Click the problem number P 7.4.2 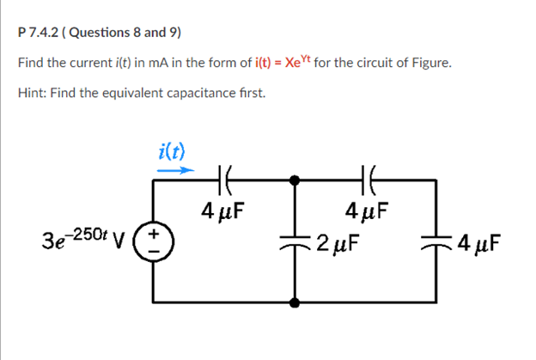[38, 34]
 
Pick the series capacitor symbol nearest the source [225, 180]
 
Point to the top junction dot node [295, 180]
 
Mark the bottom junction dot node [295, 302]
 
